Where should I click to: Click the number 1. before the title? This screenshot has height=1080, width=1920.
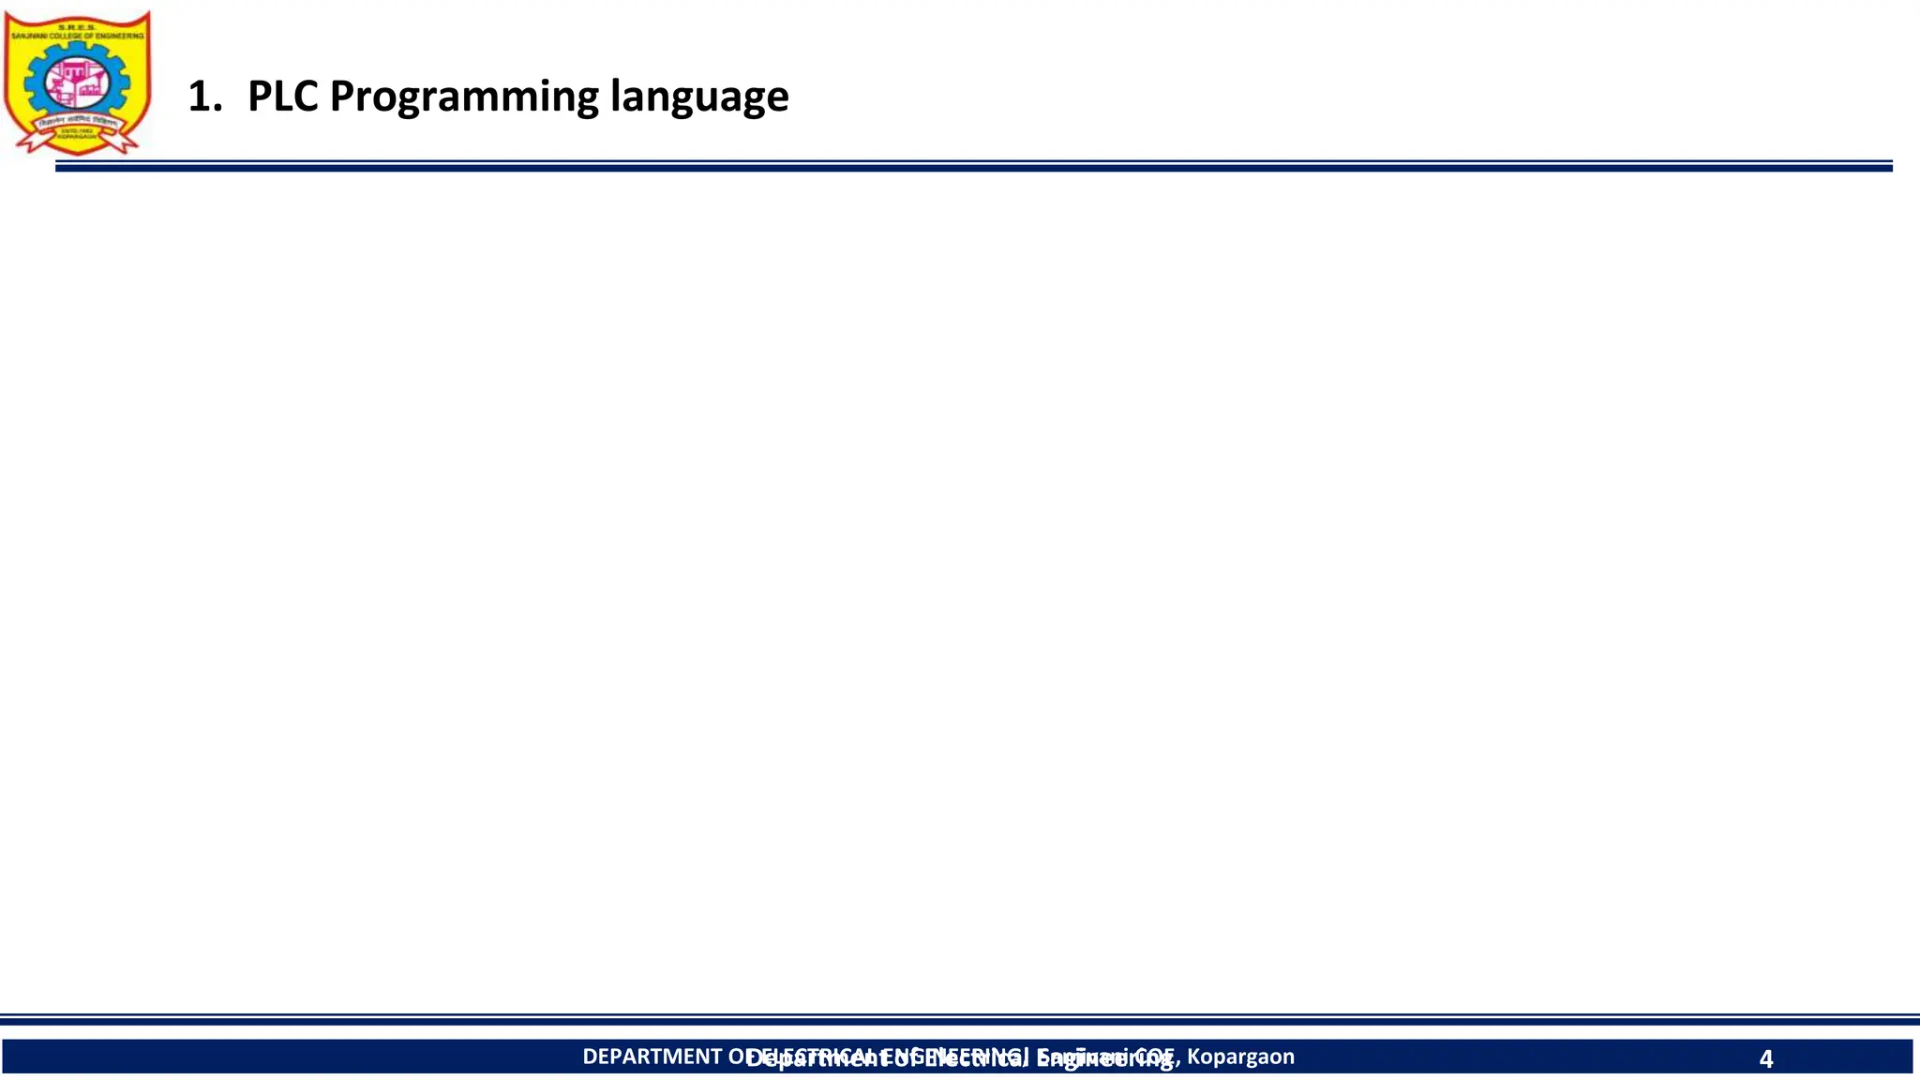coord(204,97)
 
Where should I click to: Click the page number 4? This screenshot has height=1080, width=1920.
coord(1766,1059)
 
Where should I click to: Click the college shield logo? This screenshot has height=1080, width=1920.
coord(77,82)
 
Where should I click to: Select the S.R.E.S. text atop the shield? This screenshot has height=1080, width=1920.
coord(77,27)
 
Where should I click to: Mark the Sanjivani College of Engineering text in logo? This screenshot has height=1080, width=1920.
coord(77,36)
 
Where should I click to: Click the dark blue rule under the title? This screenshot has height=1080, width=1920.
coord(973,167)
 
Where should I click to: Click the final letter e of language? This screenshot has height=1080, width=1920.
coord(777,98)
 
